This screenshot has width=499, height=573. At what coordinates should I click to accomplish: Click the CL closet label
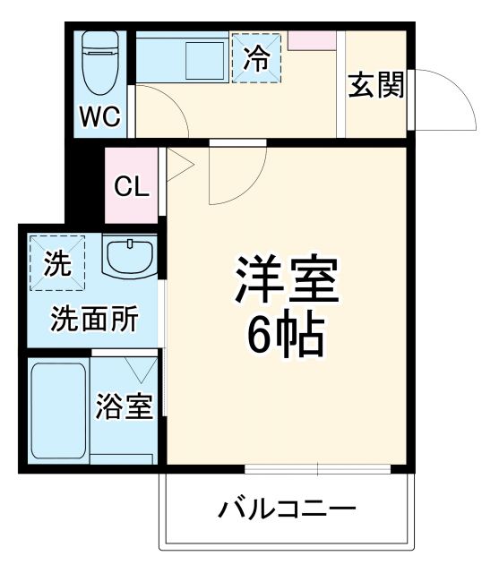click(131, 187)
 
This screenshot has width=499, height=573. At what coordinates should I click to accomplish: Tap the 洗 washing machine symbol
click(56, 263)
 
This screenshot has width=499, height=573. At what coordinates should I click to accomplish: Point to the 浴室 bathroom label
click(125, 407)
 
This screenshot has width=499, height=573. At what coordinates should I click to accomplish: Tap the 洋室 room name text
click(286, 283)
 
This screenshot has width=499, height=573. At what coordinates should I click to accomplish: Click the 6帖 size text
click(286, 337)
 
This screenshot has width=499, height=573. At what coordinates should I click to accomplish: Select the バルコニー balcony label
click(288, 511)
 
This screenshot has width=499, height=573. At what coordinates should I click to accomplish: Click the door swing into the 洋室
click(229, 179)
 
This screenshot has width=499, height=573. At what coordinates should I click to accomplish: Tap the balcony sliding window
click(317, 468)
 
